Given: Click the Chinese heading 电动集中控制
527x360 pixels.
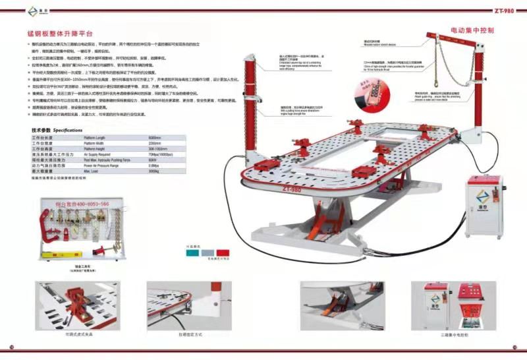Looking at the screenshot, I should click(472, 30).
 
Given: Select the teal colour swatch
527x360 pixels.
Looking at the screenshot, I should click(192, 252).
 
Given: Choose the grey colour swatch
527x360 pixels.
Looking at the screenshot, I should click(207, 252).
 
